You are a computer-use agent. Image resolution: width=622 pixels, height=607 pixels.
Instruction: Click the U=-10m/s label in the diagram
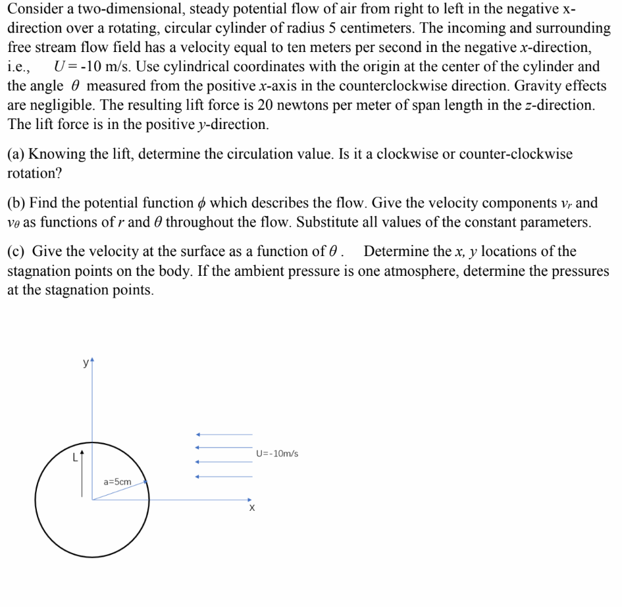click(x=276, y=454)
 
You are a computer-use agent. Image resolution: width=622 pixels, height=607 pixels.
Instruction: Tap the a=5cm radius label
click(x=118, y=482)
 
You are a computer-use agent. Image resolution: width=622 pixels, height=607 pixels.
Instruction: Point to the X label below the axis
click(x=251, y=509)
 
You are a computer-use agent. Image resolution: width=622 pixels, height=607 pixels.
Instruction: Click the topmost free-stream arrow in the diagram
click(x=224, y=435)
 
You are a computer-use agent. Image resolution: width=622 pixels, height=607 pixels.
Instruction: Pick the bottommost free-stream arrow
click(x=224, y=477)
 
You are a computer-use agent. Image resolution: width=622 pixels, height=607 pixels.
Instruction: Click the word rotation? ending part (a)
click(x=33, y=173)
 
